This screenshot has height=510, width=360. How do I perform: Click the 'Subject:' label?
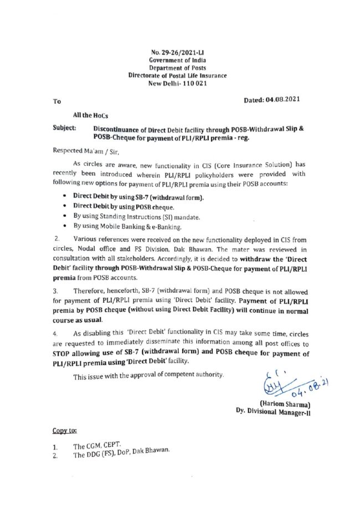coord(64,128)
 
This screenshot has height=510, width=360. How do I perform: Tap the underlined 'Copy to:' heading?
coord(64,430)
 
